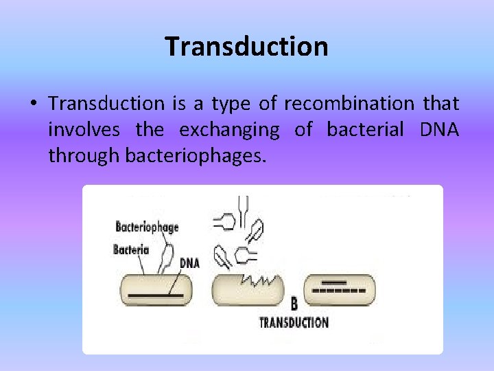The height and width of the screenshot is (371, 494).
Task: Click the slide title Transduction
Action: (x=246, y=47)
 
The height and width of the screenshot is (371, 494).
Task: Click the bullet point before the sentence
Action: (x=33, y=104)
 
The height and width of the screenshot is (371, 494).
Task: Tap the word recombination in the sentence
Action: (x=349, y=104)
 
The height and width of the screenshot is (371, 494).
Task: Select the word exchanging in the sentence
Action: (x=229, y=130)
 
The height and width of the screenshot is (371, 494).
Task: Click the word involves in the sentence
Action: (x=84, y=130)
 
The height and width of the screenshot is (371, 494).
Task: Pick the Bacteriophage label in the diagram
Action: (x=147, y=227)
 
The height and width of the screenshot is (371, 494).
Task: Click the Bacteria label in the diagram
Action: (x=131, y=249)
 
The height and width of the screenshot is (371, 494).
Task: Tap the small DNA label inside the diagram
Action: (x=189, y=262)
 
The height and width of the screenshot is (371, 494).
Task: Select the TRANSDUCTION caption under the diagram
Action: (x=294, y=322)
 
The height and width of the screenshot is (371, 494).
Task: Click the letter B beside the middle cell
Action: (x=294, y=303)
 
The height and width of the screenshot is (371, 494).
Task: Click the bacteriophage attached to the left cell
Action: (x=165, y=258)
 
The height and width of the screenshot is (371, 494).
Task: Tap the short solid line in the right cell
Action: (x=335, y=282)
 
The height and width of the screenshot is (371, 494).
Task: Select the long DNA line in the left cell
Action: (x=156, y=295)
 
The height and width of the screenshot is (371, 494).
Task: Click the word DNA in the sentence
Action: (x=441, y=130)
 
